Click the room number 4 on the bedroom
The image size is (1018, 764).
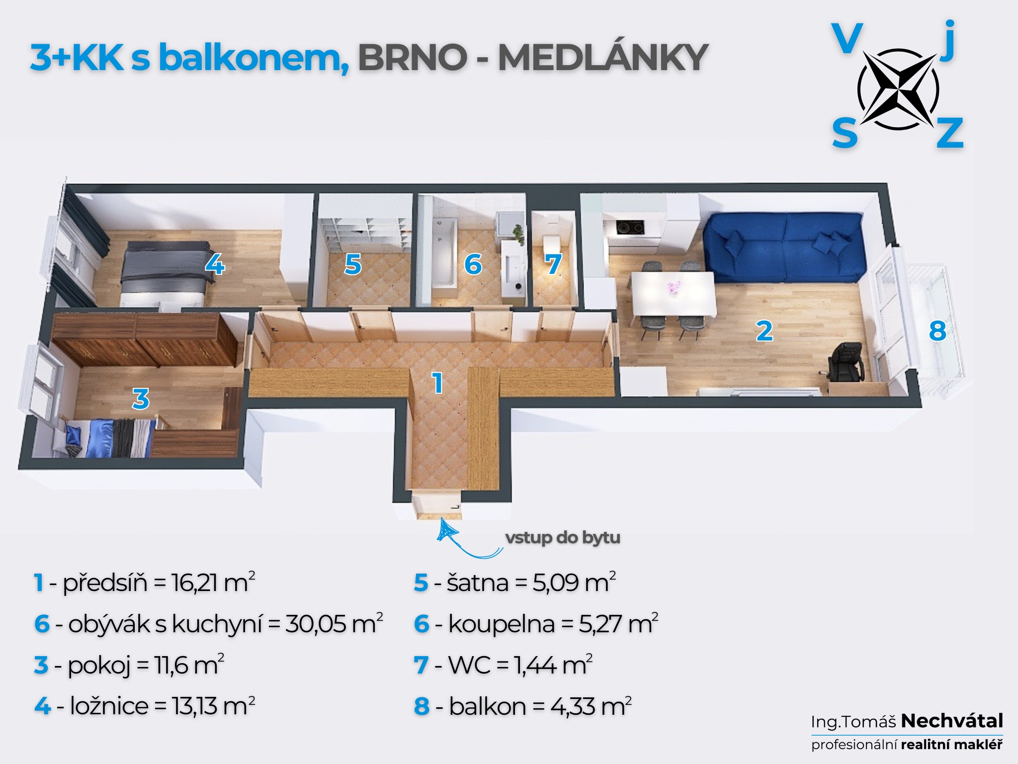(215, 264)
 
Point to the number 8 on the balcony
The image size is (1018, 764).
(937, 331)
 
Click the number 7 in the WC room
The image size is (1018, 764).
(553, 264)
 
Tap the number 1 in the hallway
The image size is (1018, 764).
(437, 383)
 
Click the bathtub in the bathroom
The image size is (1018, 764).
(444, 254)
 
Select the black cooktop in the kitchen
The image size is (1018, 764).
(630, 227)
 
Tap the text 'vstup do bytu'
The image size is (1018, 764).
(563, 538)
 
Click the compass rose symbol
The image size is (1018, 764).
(898, 89)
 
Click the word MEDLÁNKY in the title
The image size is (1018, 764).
(603, 58)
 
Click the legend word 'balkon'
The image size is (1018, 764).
(487, 706)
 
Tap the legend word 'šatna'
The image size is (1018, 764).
(478, 583)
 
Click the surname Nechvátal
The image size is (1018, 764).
(952, 721)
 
